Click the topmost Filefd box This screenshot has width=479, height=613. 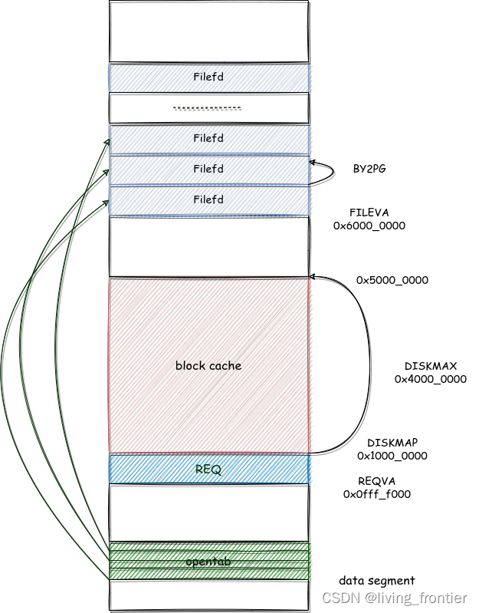click(208, 77)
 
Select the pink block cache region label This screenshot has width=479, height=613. click(208, 366)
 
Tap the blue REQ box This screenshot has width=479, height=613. click(208, 470)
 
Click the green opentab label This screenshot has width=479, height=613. click(208, 562)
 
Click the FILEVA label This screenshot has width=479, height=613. click(369, 212)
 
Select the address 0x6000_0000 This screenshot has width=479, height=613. click(369, 226)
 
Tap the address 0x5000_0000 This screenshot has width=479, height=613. click(392, 280)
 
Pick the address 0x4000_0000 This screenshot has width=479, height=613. click(430, 379)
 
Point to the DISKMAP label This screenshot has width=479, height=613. click(392, 443)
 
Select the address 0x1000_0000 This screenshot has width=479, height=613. click(392, 456)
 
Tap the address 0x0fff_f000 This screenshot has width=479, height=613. click(376, 494)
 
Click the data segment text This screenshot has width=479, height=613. click(376, 581)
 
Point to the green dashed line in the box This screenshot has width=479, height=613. click(206, 108)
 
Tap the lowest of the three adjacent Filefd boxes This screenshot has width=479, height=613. click(208, 200)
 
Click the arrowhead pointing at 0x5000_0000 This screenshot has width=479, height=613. click(313, 276)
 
